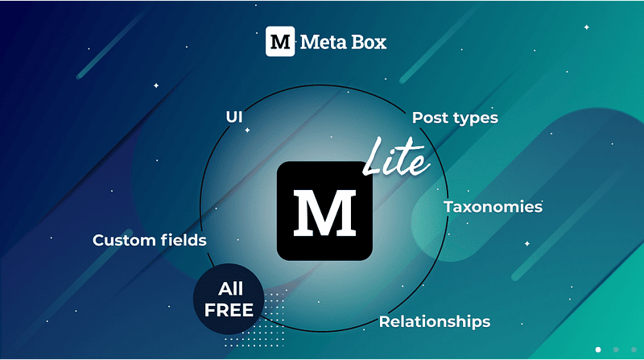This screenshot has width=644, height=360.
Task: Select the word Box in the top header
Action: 368,42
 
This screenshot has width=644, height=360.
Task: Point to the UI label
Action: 234,118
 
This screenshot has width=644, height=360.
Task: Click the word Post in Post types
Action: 430,118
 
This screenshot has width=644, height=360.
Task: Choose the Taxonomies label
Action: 493,207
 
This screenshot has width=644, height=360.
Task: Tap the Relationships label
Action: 435,322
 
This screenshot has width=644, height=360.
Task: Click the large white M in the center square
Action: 324,211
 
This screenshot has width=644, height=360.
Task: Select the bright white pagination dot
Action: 598,350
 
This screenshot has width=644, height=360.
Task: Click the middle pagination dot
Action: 616,350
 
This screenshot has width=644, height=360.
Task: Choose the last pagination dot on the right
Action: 633,350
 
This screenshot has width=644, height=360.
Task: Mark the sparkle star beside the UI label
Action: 248,130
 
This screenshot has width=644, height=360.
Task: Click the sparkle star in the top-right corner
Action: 586,27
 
